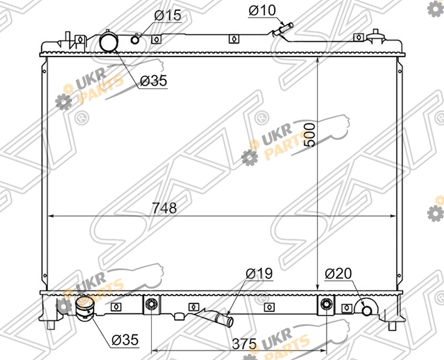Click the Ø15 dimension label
tap(167, 15)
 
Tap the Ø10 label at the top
tap(262, 10)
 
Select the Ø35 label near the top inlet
tap(154, 81)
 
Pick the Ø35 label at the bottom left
tap(125, 340)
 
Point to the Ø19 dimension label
tap(259, 274)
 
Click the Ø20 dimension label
tap(338, 274)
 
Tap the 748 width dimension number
tap(164, 208)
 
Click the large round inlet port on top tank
tap(108, 41)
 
